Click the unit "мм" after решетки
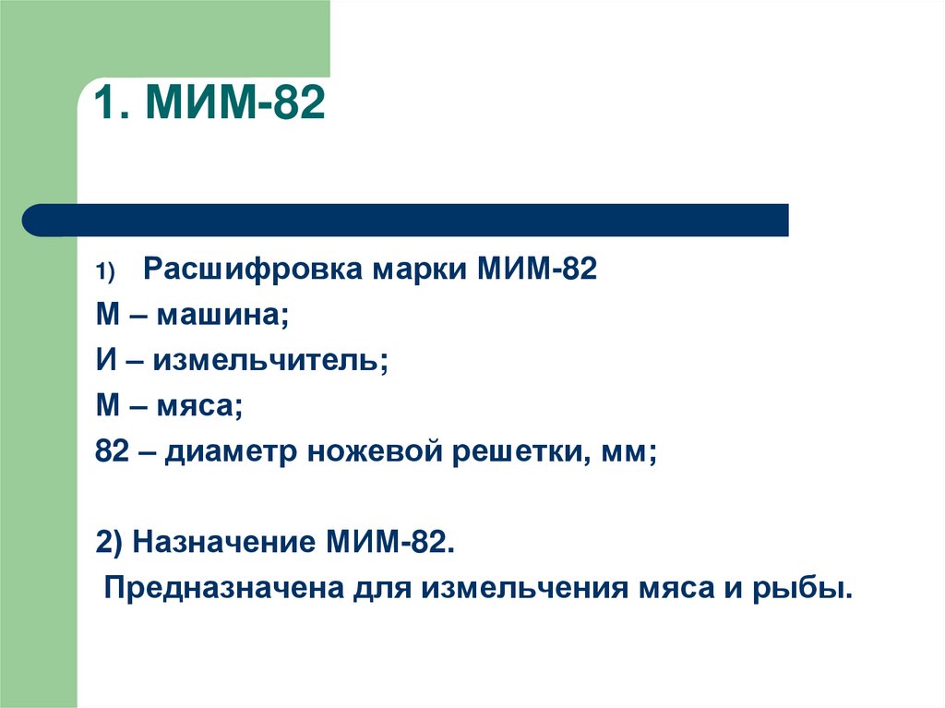(627, 453)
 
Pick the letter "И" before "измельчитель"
(104, 360)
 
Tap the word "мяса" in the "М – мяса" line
(203, 406)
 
